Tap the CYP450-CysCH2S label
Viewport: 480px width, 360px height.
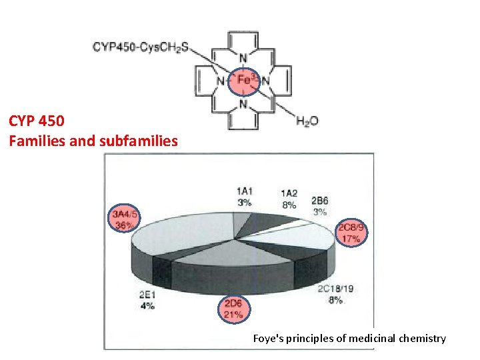pyautogui.click(x=140, y=47)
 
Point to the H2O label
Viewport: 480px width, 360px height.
pyautogui.click(x=307, y=121)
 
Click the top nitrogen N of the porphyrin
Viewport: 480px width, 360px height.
pyautogui.click(x=243, y=57)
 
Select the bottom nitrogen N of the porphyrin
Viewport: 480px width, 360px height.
pyautogui.click(x=243, y=105)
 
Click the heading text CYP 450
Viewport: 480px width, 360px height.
pyautogui.click(x=37, y=121)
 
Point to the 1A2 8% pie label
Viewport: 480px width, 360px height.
pyautogui.click(x=289, y=199)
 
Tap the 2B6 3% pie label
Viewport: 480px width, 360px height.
pyautogui.click(x=319, y=206)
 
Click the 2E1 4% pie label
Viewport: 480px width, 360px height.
pyautogui.click(x=147, y=301)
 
